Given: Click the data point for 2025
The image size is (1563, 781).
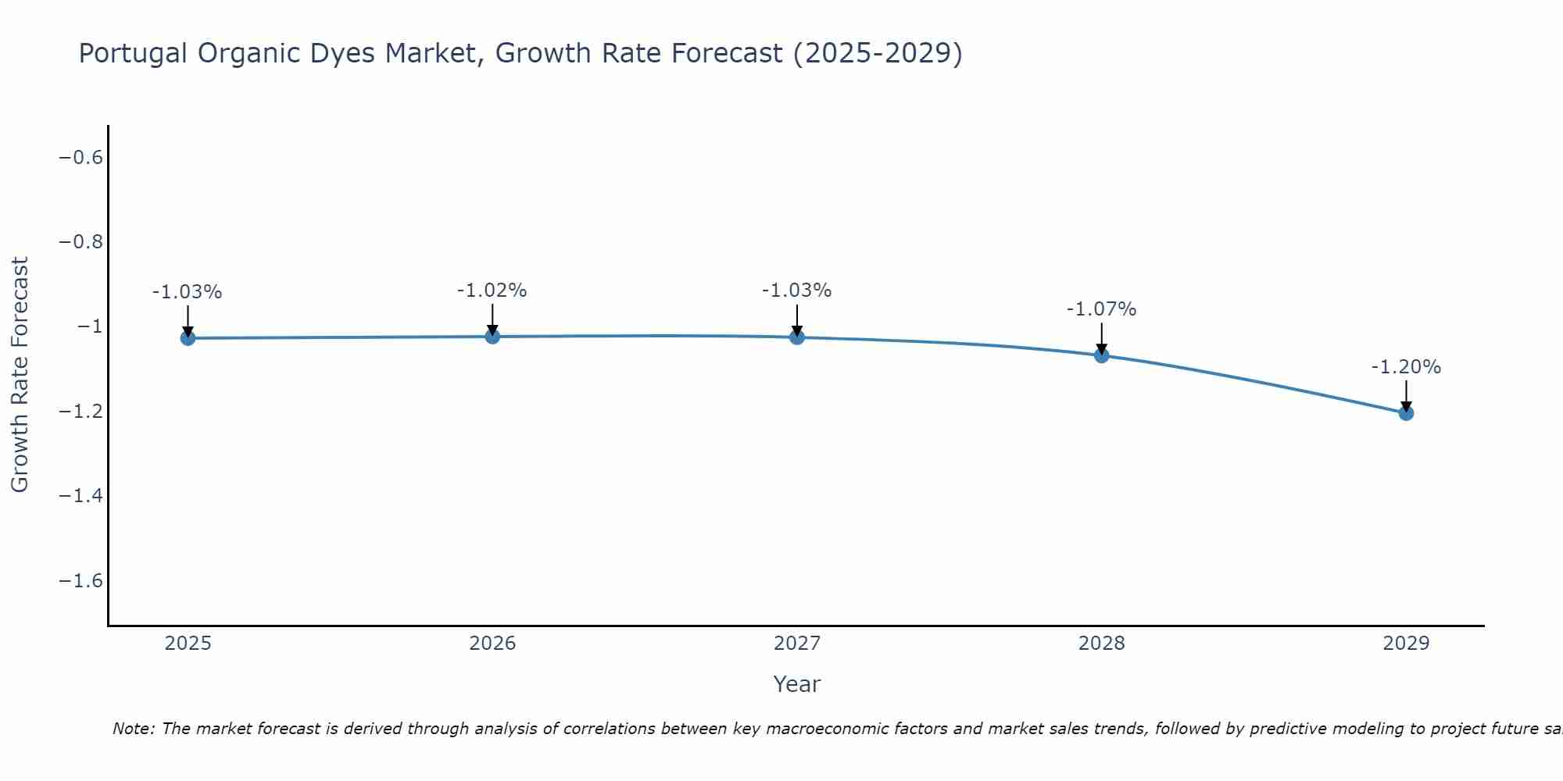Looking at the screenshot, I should click(x=188, y=338).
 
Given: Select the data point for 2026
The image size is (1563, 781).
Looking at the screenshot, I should click(x=492, y=337).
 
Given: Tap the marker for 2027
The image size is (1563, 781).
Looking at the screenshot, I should click(x=797, y=337).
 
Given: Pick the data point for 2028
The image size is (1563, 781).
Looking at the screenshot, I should click(x=1102, y=355).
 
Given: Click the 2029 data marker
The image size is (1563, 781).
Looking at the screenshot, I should click(x=1406, y=412).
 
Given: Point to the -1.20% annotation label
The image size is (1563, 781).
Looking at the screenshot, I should click(x=1406, y=367).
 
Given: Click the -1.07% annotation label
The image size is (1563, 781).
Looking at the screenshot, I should click(x=1101, y=309).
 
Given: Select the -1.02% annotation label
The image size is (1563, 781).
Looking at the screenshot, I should click(x=492, y=291).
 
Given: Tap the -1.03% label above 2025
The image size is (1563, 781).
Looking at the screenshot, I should click(x=187, y=292).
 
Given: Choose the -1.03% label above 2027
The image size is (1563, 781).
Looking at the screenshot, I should click(x=796, y=291).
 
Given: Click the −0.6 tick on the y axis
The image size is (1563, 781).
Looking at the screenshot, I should click(x=80, y=158).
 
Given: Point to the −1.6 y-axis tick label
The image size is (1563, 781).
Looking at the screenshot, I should click(x=80, y=580).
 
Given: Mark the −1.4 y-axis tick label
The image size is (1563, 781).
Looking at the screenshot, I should click(x=80, y=496).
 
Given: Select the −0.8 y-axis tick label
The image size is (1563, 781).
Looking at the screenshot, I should click(x=80, y=242).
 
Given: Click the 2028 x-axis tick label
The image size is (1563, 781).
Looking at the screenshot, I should click(x=1101, y=644).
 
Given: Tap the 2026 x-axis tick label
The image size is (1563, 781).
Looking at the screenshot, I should click(x=492, y=644).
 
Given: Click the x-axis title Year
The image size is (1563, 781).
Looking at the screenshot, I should click(x=796, y=684).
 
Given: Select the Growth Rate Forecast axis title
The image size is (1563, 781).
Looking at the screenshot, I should click(x=20, y=374).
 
